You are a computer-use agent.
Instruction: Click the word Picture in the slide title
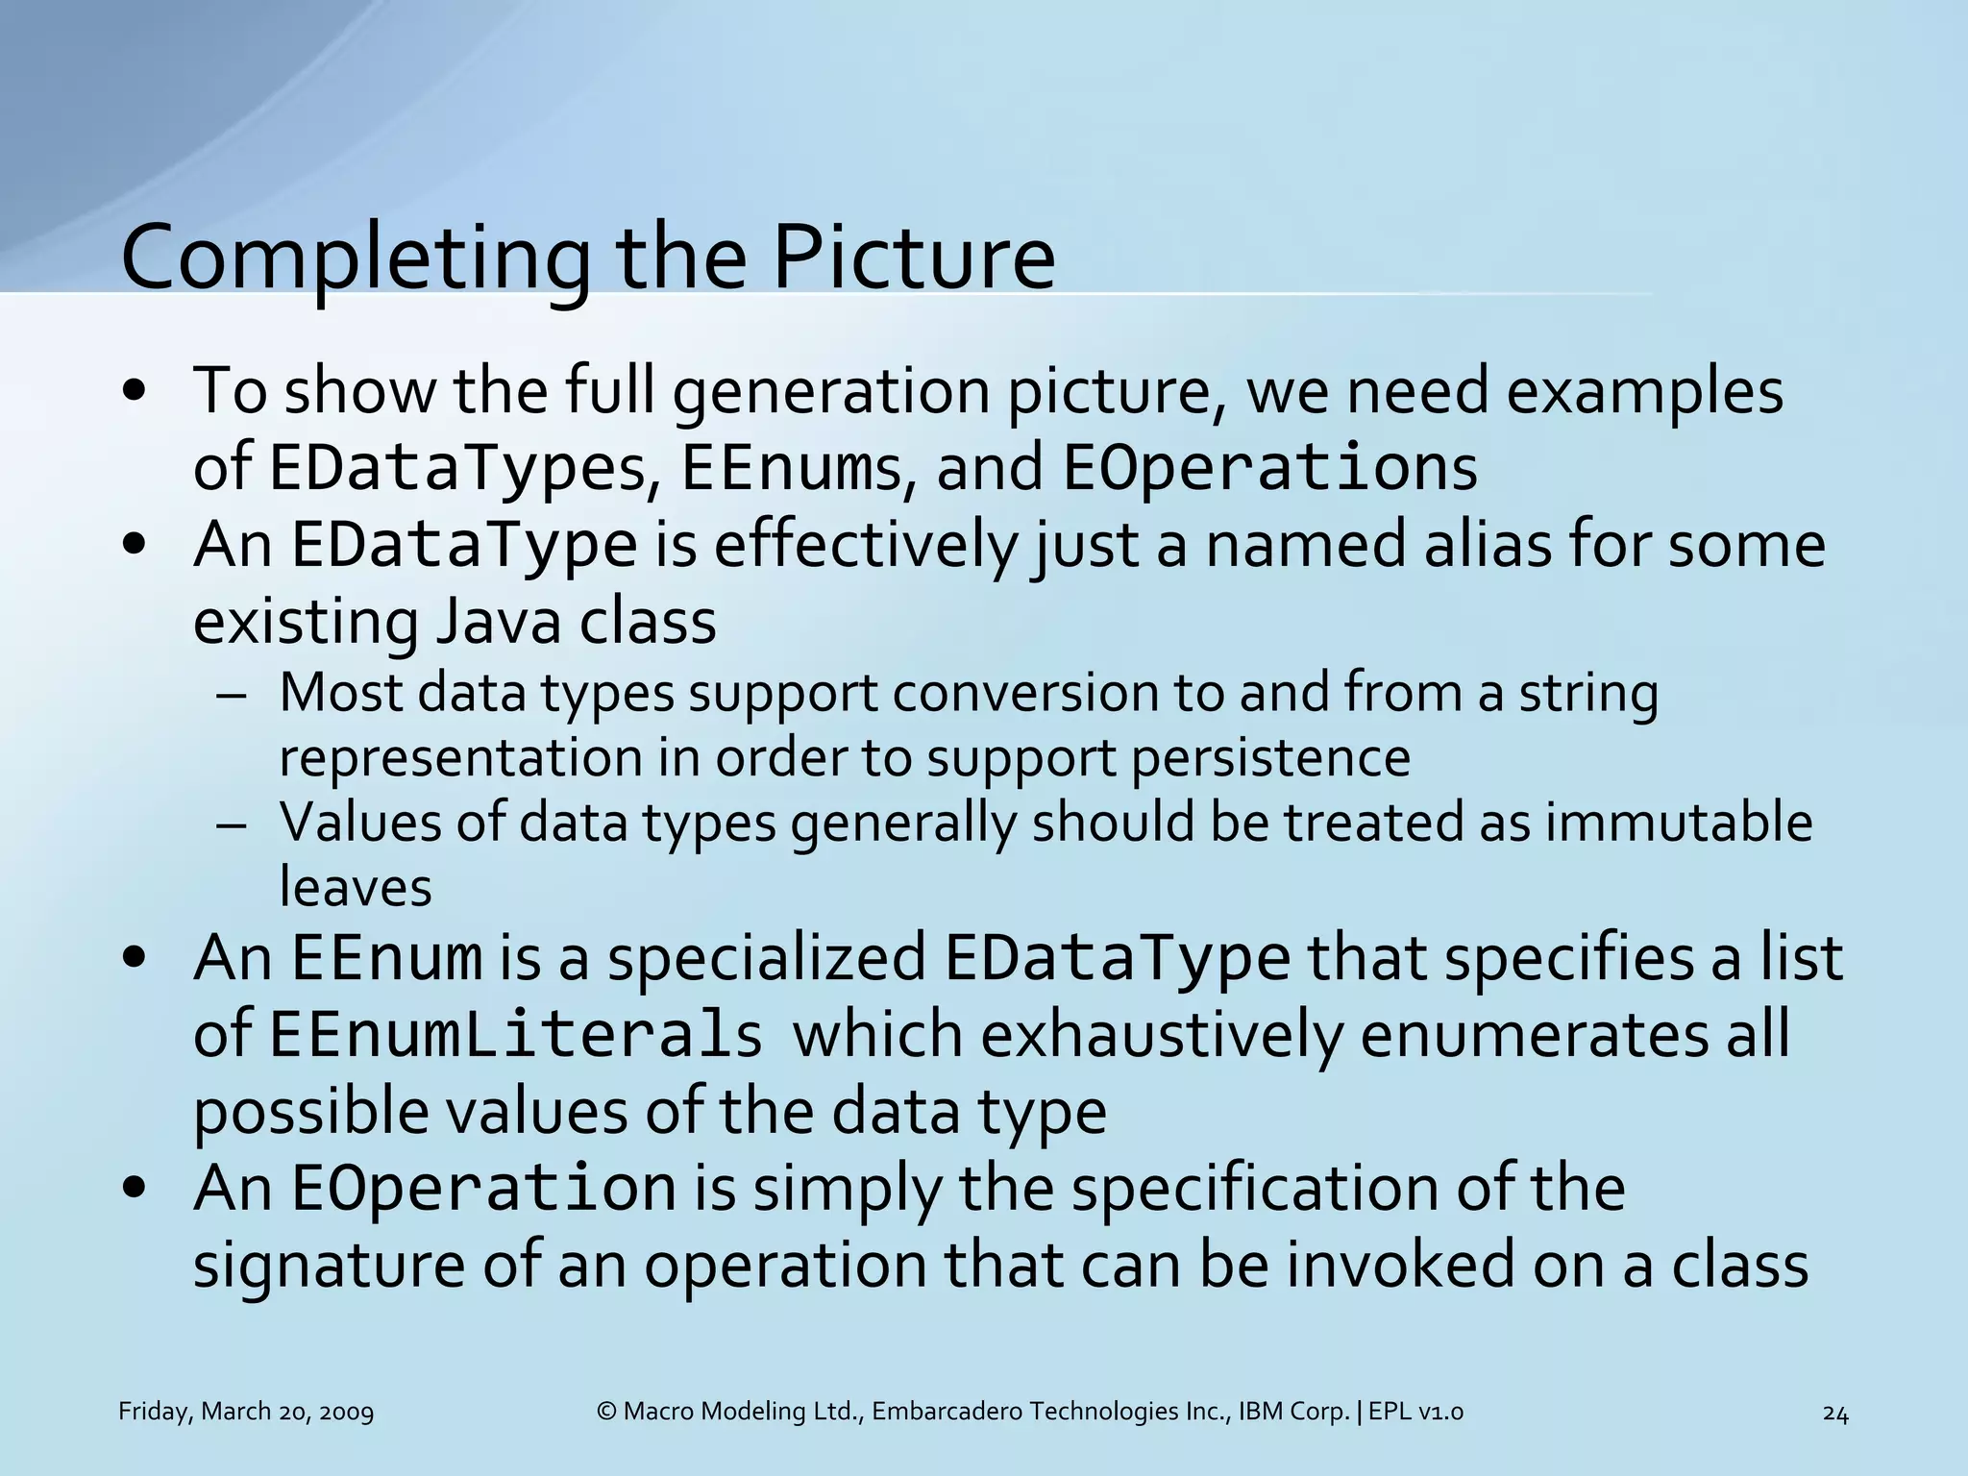click(x=913, y=258)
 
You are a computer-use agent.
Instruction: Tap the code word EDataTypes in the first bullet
click(x=457, y=469)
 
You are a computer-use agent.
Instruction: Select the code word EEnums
click(x=791, y=469)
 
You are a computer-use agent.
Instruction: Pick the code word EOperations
click(x=1269, y=469)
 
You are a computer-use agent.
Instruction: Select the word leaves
click(x=356, y=886)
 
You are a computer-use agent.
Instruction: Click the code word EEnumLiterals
click(x=516, y=1036)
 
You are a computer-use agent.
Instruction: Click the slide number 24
click(x=1834, y=1414)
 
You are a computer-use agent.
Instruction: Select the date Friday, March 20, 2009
click(x=246, y=1412)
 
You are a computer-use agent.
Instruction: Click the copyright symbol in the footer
click(x=606, y=1412)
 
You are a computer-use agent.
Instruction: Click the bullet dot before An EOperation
click(x=135, y=1189)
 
